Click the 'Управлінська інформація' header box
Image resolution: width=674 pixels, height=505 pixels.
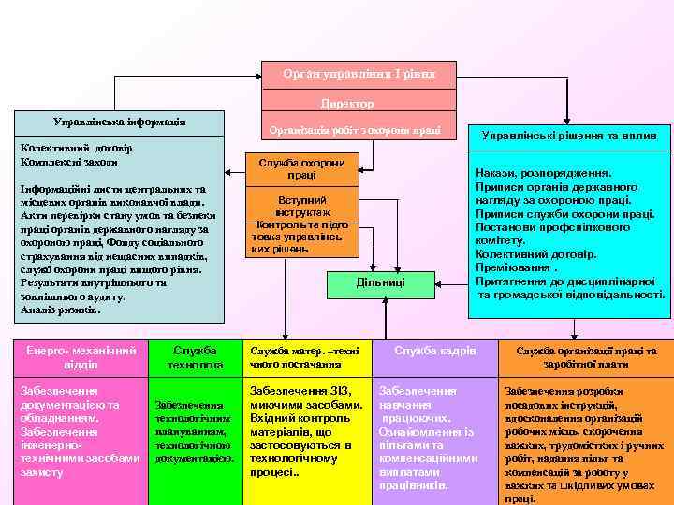click(120, 123)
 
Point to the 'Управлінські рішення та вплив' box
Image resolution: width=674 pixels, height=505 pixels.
click(570, 136)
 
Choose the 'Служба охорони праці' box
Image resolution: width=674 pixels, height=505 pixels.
click(301, 168)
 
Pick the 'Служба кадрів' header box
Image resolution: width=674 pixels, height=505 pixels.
click(434, 351)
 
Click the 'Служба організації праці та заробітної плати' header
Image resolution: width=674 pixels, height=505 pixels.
click(586, 356)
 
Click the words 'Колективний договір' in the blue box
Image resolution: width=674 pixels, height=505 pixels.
click(76, 148)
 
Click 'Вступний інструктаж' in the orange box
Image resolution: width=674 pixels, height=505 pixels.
click(301, 207)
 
